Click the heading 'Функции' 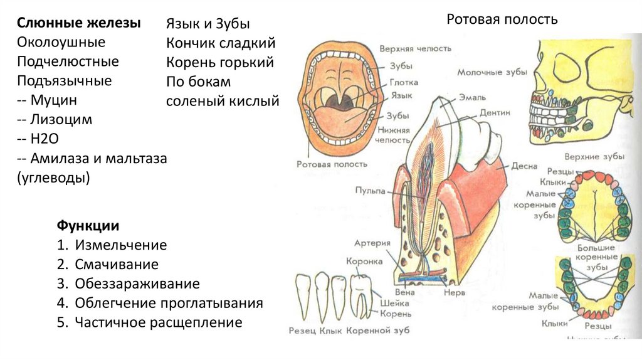click(88, 225)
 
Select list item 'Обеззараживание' click(137, 283)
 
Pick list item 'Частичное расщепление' click(158, 322)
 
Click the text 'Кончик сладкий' click(221, 43)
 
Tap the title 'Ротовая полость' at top click(502, 19)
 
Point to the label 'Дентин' click(495, 113)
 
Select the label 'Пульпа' click(370, 190)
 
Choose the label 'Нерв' click(453, 292)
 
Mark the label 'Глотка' click(404, 82)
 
